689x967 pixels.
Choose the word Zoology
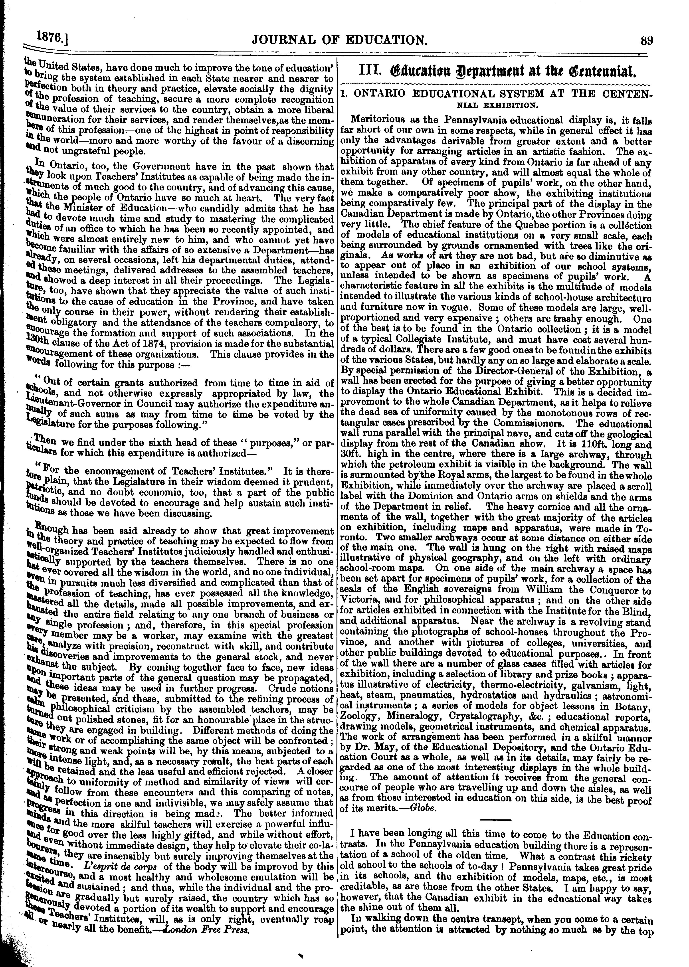[x=357, y=717]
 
